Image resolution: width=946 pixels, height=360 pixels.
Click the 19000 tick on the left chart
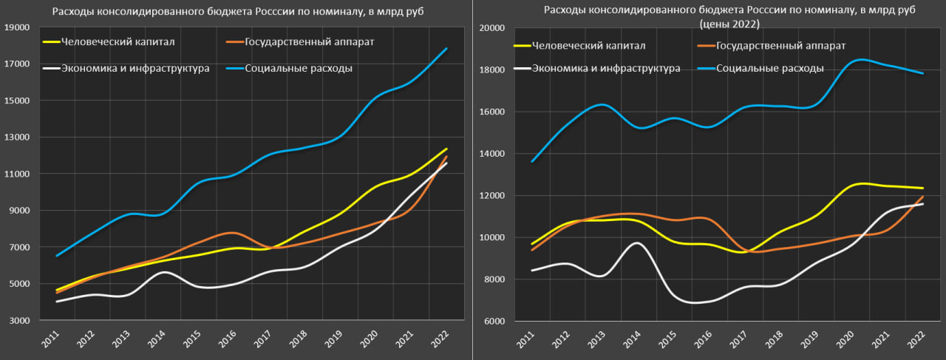(x=17, y=27)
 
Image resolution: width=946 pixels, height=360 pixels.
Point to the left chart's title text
(x=237, y=13)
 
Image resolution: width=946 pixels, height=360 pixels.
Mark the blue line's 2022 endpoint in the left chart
(x=446, y=49)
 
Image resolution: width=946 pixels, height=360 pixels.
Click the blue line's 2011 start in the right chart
(x=532, y=161)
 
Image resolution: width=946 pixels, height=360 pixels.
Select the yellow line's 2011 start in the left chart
(x=58, y=290)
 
